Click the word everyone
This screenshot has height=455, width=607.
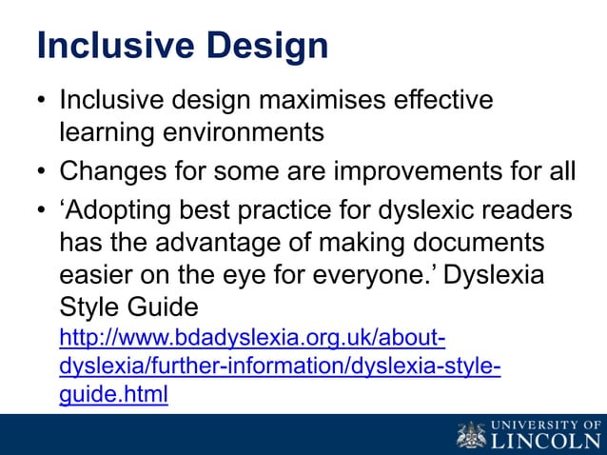(x=367, y=279)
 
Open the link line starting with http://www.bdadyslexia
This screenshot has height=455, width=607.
(x=252, y=339)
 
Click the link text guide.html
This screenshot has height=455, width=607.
(x=113, y=394)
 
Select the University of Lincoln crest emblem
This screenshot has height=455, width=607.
(x=470, y=435)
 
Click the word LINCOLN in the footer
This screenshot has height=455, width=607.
(x=545, y=442)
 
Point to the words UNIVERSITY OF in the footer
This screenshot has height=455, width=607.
(x=545, y=424)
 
